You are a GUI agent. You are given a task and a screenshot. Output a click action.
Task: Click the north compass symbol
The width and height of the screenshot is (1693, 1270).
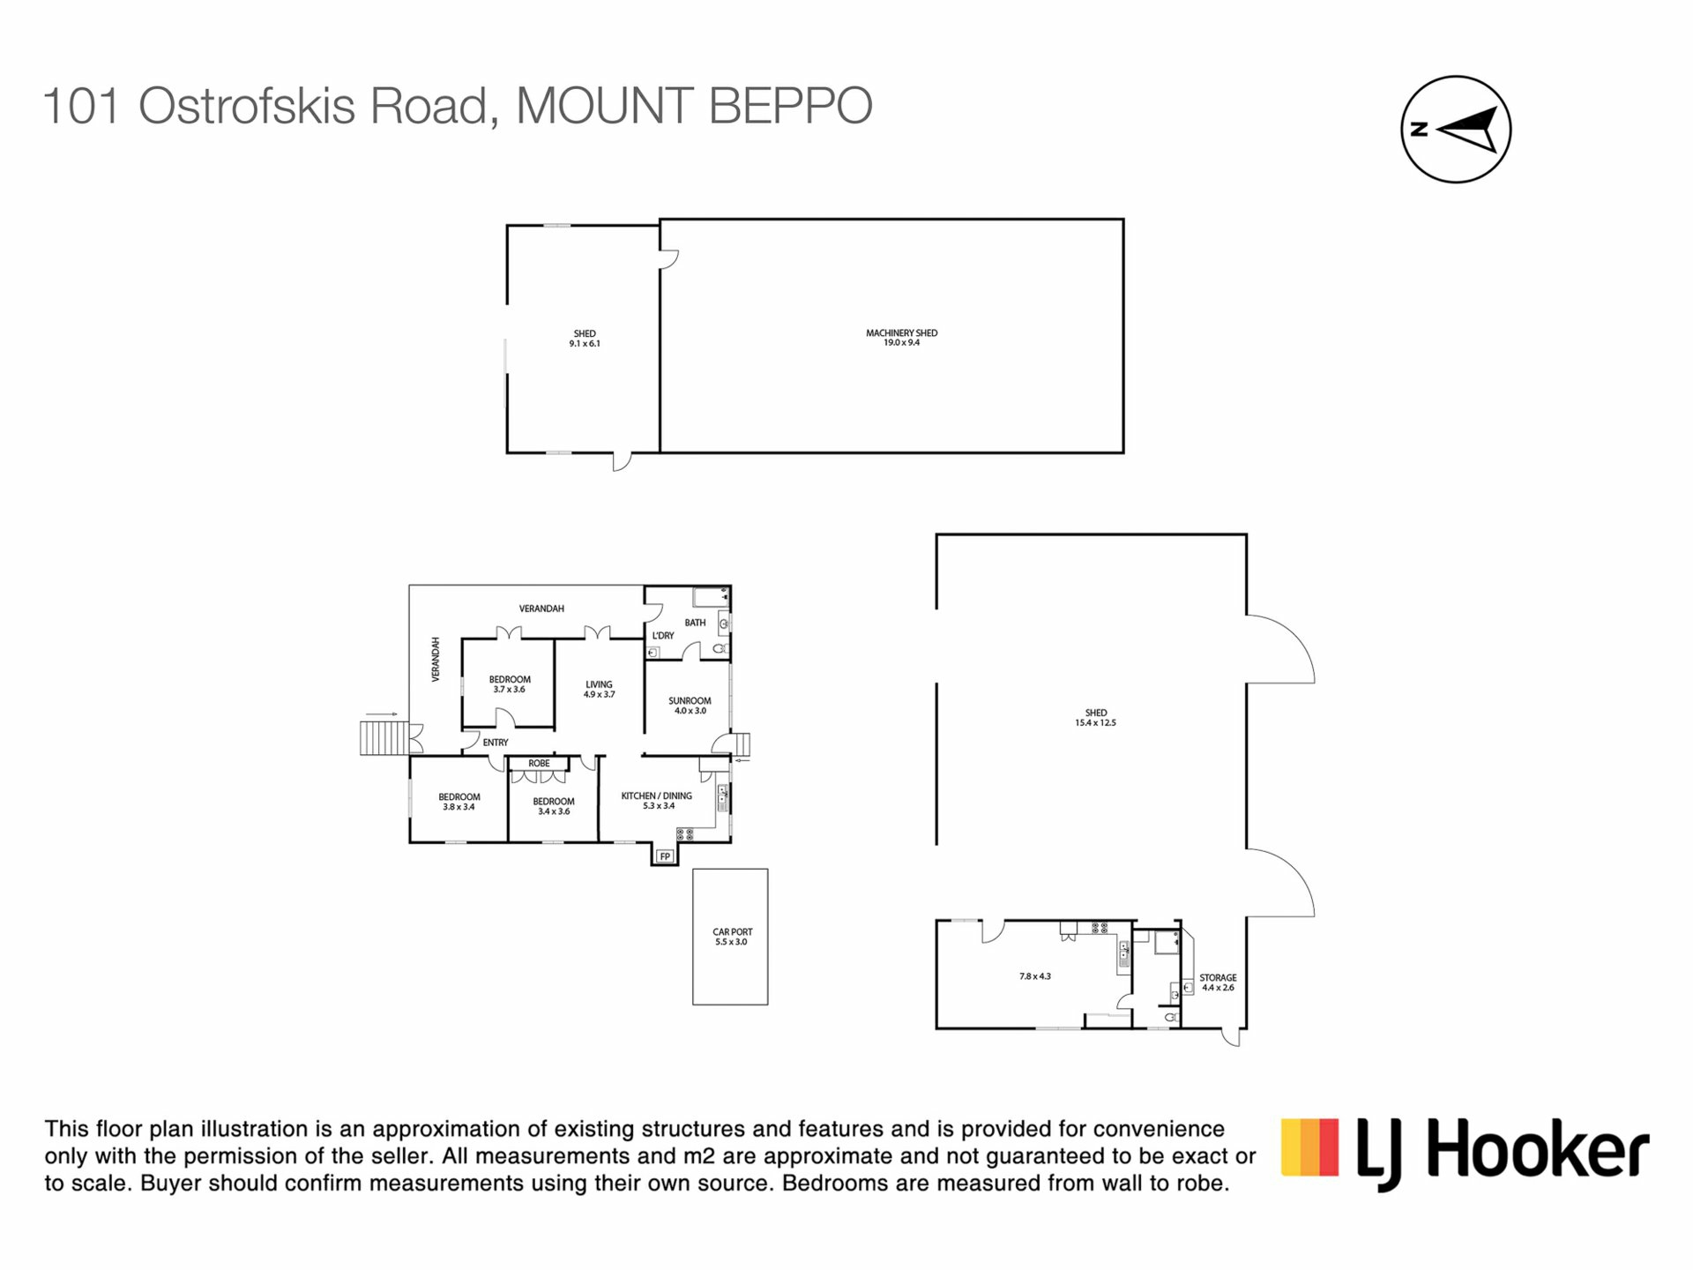click(x=1456, y=130)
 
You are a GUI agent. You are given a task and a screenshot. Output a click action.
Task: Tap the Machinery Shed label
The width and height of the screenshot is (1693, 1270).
click(x=901, y=338)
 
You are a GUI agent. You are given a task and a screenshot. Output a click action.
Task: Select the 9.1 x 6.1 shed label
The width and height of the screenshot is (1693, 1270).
click(x=585, y=339)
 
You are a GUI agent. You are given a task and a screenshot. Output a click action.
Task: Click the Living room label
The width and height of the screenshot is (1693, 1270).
click(x=599, y=689)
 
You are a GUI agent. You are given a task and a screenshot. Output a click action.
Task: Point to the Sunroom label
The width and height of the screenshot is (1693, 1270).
click(x=690, y=706)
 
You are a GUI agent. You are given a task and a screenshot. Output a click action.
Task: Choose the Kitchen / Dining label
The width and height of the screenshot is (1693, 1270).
click(x=657, y=801)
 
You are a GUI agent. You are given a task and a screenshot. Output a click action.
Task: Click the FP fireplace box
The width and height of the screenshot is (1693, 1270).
click(x=665, y=856)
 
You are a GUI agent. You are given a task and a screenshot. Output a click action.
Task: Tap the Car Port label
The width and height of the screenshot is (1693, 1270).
click(x=732, y=937)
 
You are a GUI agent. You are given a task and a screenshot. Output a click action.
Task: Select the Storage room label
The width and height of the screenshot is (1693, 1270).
click(x=1218, y=982)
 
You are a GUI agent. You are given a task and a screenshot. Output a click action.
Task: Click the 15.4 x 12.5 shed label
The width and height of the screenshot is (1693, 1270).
click(x=1096, y=718)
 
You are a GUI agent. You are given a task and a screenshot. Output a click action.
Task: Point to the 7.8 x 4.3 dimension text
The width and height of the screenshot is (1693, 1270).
click(x=1035, y=976)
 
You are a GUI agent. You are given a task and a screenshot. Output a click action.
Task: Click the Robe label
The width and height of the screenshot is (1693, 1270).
click(x=539, y=764)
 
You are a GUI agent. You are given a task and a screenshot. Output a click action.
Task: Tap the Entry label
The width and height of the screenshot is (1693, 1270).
click(x=496, y=743)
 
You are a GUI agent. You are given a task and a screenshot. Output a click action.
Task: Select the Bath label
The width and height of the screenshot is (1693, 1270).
click(x=695, y=623)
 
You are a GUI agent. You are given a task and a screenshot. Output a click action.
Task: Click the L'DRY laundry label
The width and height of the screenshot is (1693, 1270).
click(x=663, y=636)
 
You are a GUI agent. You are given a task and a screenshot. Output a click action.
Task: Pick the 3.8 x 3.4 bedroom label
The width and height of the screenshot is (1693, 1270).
click(x=459, y=802)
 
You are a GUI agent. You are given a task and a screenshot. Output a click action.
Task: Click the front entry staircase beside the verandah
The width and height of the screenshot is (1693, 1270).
click(x=384, y=738)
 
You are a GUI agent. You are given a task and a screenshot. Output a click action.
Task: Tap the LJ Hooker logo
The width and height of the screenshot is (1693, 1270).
click(x=1465, y=1154)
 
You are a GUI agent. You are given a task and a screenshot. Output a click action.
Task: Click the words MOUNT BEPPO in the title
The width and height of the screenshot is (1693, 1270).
click(x=694, y=106)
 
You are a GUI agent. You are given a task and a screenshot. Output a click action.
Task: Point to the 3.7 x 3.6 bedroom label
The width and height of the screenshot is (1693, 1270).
click(x=510, y=684)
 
